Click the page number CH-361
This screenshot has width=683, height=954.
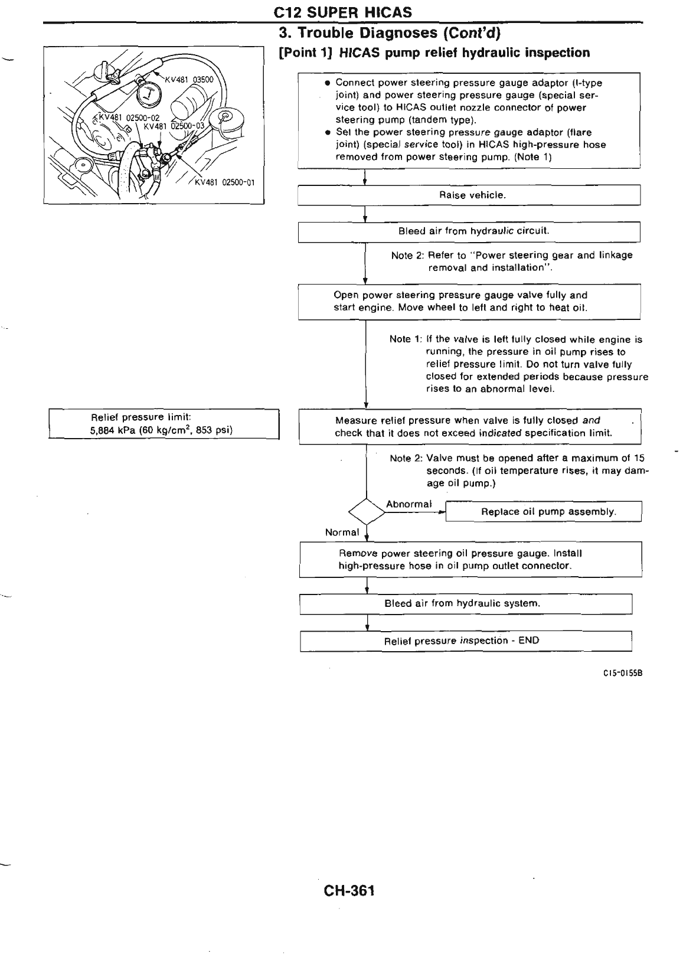click(x=349, y=891)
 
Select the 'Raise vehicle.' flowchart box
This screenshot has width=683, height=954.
click(x=469, y=195)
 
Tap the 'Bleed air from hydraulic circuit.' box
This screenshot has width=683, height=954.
click(x=469, y=231)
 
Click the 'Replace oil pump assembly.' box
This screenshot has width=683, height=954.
click(x=543, y=512)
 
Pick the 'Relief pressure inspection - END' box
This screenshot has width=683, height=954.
click(x=466, y=641)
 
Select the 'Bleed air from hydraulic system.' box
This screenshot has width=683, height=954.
click(x=466, y=604)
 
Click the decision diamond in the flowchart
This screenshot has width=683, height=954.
click(x=367, y=511)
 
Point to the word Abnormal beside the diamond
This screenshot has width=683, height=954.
click(x=409, y=504)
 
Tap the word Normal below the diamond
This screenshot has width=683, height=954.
click(x=342, y=532)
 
